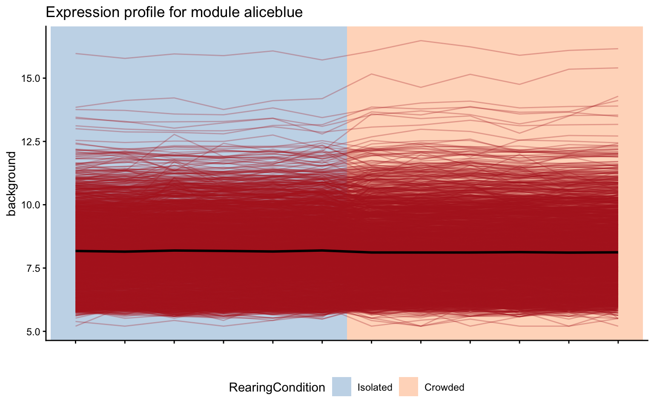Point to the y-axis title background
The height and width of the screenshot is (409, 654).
click(x=11, y=184)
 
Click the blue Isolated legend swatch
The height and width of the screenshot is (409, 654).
click(x=341, y=387)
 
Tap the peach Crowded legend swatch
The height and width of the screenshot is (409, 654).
click(x=408, y=387)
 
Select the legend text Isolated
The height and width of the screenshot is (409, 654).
click(x=375, y=387)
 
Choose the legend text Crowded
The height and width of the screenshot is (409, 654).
click(x=444, y=387)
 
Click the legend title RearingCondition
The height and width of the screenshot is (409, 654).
click(x=277, y=387)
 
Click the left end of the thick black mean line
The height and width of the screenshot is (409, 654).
click(x=76, y=251)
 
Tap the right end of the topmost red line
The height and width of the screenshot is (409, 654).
click(x=617, y=49)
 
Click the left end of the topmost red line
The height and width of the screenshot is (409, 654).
click(x=76, y=53)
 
